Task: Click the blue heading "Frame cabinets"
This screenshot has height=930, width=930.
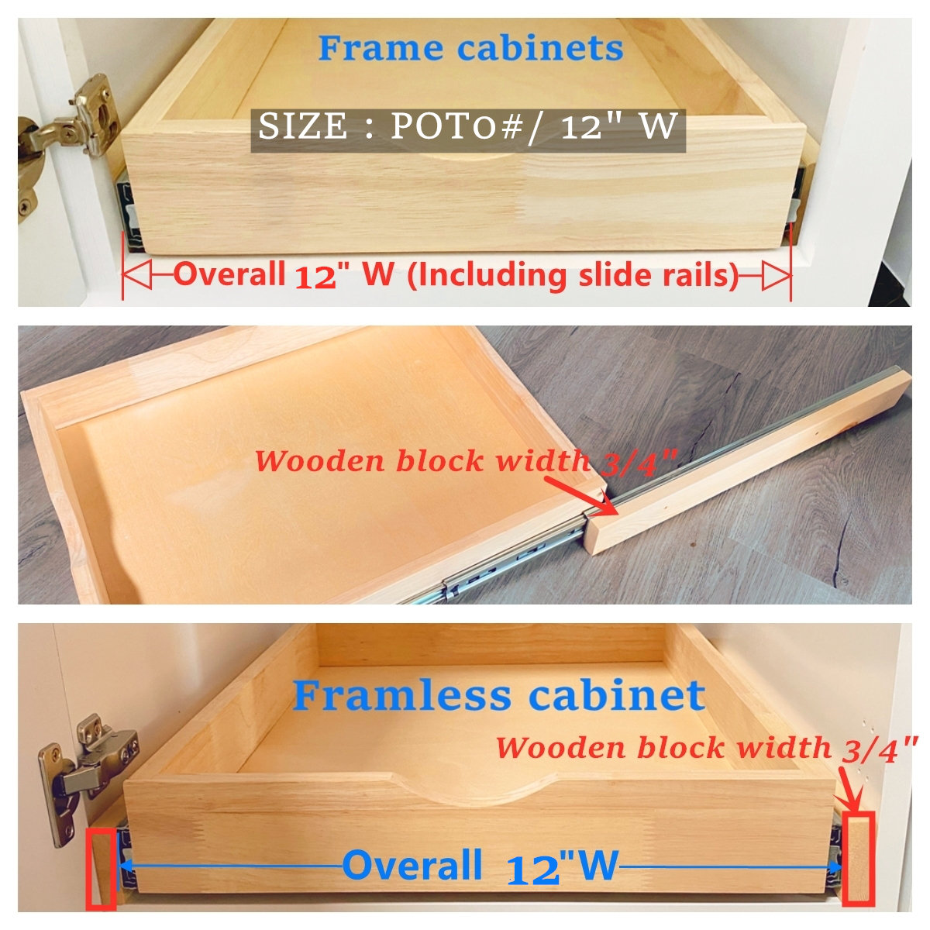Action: coord(470,48)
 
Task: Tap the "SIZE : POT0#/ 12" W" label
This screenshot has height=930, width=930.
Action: coord(468,126)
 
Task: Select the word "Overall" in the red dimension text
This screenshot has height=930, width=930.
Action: coord(229,274)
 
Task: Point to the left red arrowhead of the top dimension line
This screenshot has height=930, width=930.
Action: coord(136,275)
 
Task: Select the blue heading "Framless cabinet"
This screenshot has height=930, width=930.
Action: coord(498,695)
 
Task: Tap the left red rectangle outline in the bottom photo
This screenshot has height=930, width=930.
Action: coord(101,867)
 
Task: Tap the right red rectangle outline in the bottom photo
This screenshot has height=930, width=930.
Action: coord(858,859)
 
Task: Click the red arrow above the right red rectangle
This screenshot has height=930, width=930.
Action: coord(849,791)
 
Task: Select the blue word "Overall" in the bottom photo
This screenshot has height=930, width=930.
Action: coord(412,865)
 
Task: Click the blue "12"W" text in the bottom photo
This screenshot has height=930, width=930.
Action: coord(563,866)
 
